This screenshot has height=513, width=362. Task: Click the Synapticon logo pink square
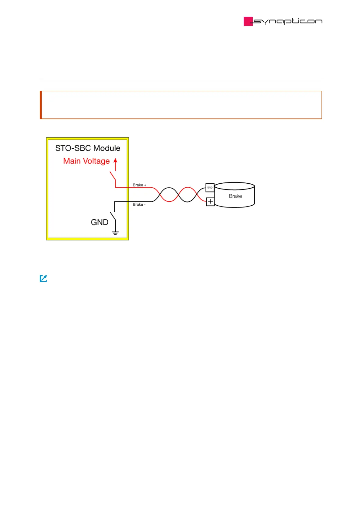coord(248,21)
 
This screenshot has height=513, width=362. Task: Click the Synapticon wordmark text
coord(287,21)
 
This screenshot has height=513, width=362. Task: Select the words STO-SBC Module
coord(88,148)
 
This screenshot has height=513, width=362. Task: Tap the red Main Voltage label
coord(86,161)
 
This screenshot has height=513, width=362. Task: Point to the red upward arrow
coord(115,164)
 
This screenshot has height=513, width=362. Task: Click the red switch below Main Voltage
coord(113,177)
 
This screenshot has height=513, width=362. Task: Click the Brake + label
coord(139,185)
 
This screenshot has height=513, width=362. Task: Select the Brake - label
coord(139,205)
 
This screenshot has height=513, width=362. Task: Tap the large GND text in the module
coord(99,222)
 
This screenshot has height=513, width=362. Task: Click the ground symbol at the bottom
coord(115,233)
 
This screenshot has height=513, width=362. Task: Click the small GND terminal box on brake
coord(210,188)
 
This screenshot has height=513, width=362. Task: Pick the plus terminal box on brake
coord(210,201)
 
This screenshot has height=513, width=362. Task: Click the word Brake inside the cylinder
coord(235,196)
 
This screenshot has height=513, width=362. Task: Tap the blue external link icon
coord(44,278)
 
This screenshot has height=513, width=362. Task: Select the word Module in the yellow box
coord(107,148)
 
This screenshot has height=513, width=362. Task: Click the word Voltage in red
coord(96,161)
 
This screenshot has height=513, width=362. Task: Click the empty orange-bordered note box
coord(181,105)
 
